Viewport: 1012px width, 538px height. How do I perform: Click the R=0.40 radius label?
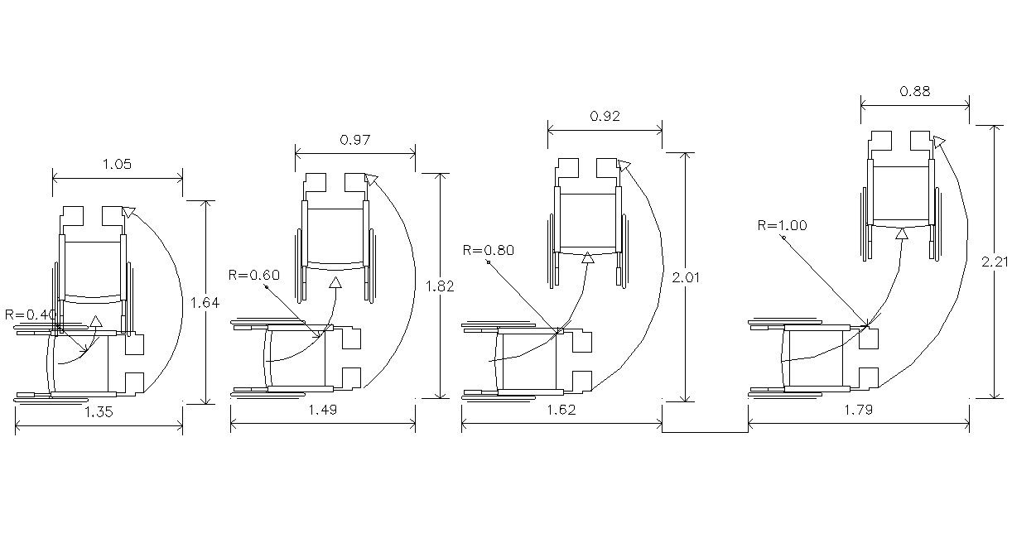tap(31, 315)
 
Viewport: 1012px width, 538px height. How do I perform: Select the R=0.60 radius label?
tap(254, 275)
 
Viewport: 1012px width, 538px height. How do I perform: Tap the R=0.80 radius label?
tap(489, 250)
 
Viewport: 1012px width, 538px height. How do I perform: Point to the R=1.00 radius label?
tap(782, 225)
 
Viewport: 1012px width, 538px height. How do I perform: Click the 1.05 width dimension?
tap(117, 164)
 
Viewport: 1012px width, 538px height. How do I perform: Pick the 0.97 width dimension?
tap(355, 140)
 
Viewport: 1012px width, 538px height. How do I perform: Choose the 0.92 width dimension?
tap(605, 117)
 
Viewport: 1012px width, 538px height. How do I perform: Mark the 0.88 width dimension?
tap(915, 92)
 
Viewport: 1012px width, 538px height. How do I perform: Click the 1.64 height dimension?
tap(205, 303)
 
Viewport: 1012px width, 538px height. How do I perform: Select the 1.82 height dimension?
tap(440, 286)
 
